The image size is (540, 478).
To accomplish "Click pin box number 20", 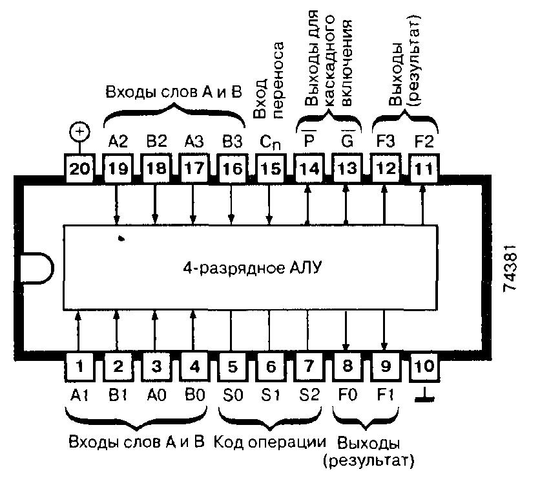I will click(79, 169).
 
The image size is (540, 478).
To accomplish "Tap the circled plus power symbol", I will click(79, 133).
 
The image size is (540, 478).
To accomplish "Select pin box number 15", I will click(269, 169).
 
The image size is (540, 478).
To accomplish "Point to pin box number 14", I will click(308, 169).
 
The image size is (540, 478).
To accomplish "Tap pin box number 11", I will click(423, 169).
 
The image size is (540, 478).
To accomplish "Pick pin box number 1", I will click(79, 367).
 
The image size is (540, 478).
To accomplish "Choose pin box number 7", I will click(308, 367).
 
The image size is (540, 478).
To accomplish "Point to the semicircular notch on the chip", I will click(36, 268).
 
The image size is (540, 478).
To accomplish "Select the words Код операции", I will click(269, 443).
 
